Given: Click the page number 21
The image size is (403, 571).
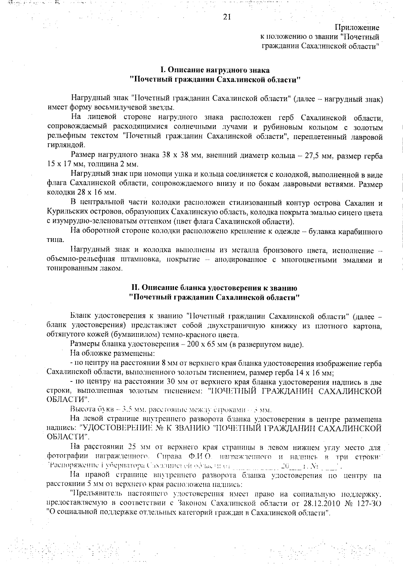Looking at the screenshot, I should point(227,17).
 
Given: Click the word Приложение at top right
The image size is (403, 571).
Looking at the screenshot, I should point(357,28).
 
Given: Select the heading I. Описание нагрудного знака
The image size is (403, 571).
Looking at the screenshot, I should point(215,70).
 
